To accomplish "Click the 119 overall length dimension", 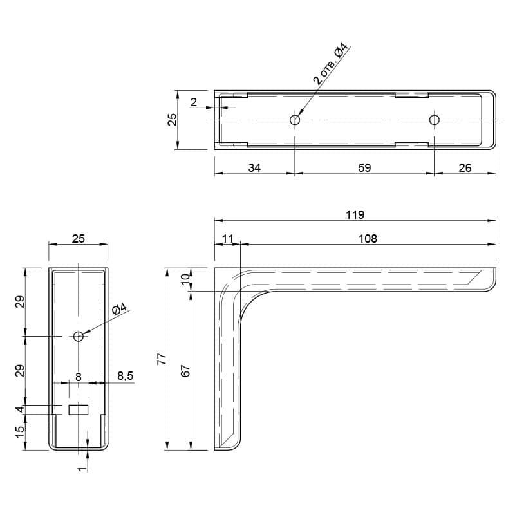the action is click(355, 215).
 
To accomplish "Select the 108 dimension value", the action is click(368, 239).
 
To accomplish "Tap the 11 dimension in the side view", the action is click(228, 239).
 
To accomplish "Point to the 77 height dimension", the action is click(162, 359).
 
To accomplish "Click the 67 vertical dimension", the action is click(185, 371).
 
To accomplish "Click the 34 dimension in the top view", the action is click(254, 168).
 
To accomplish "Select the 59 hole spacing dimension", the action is click(364, 168).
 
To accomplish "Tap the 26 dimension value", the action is click(465, 168).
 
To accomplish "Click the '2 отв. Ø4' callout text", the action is click(330, 64).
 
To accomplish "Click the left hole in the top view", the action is click(295, 120).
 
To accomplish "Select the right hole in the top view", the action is click(435, 120).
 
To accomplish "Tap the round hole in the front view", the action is click(79, 336).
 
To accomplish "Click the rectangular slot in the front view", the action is click(79, 410).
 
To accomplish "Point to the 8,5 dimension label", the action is click(126, 376).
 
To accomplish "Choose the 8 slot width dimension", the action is click(78, 377).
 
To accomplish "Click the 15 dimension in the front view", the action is click(21, 432).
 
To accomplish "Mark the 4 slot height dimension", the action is click(21, 409).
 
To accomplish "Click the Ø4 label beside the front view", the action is click(119, 309).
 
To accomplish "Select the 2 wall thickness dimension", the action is click(194, 102).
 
